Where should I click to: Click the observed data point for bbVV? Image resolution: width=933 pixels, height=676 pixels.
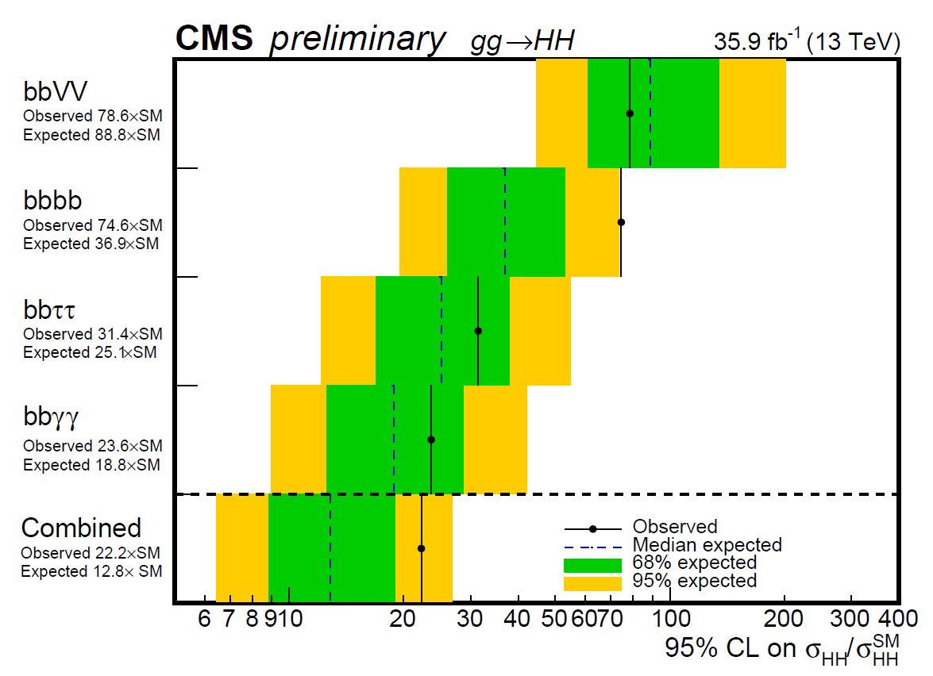(630, 113)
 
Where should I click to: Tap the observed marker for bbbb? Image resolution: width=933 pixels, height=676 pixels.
(621, 222)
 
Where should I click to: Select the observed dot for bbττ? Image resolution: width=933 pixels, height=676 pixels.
(478, 331)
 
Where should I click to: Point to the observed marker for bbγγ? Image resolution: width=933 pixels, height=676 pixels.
(431, 440)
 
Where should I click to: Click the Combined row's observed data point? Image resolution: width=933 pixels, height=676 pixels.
(422, 548)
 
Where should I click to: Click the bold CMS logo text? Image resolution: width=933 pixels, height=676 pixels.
(214, 38)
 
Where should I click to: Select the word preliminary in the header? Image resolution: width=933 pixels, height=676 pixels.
(357, 40)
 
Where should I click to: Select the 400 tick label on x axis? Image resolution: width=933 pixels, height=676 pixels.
(898, 618)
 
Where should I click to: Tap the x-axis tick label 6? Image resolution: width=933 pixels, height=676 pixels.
(205, 618)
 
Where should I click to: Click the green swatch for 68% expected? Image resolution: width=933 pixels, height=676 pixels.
(592, 564)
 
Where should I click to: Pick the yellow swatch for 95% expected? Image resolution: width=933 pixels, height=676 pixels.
(592, 582)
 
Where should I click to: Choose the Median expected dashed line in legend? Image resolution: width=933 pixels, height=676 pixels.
(592, 545)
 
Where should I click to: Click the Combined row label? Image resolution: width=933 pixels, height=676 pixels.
(81, 528)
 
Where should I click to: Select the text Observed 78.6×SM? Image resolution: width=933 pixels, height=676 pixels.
(92, 116)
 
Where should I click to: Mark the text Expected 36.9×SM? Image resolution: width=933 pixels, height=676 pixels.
(91, 244)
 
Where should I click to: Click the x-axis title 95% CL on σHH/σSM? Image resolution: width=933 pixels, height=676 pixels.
(783, 648)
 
